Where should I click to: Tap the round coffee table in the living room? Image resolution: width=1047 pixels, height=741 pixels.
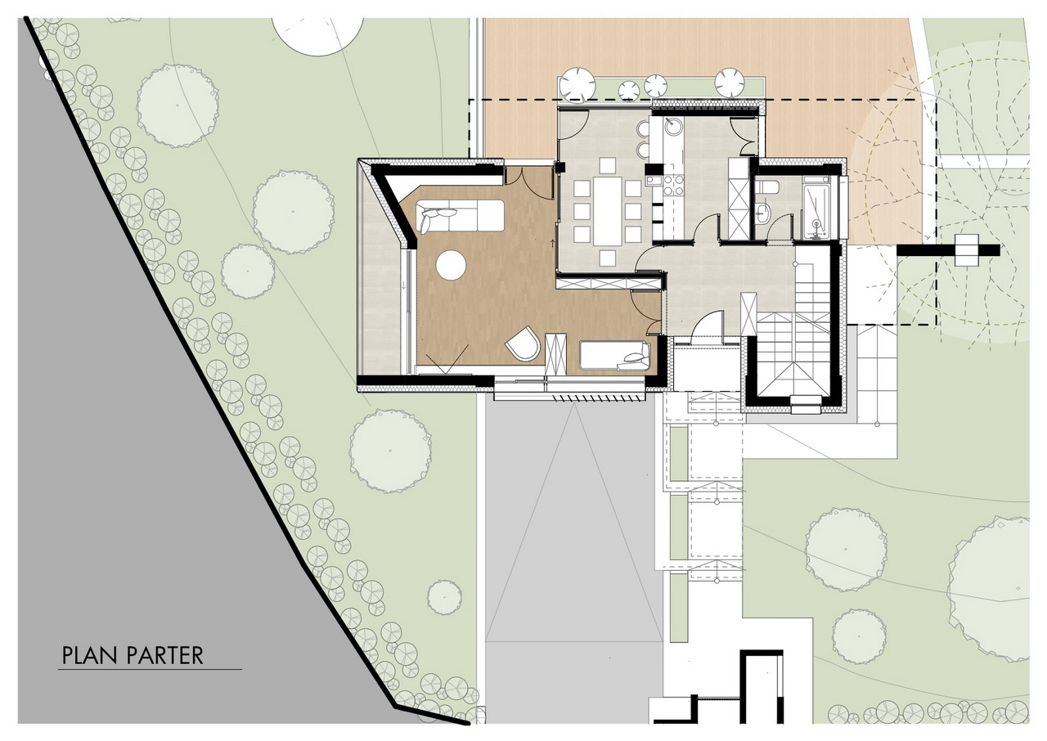[x=451, y=265]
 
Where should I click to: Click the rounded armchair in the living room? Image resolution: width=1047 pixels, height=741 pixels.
[x=523, y=344]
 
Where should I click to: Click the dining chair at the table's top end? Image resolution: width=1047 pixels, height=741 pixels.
[x=608, y=166]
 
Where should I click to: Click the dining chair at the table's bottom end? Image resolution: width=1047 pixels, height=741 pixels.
[x=608, y=258]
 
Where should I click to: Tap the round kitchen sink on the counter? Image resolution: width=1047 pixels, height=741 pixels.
[x=673, y=126]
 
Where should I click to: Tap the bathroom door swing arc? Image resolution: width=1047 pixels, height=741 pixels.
[x=776, y=223]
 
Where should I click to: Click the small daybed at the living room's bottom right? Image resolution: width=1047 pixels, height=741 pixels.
[x=614, y=356]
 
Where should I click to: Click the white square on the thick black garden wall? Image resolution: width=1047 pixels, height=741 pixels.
[x=966, y=250]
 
